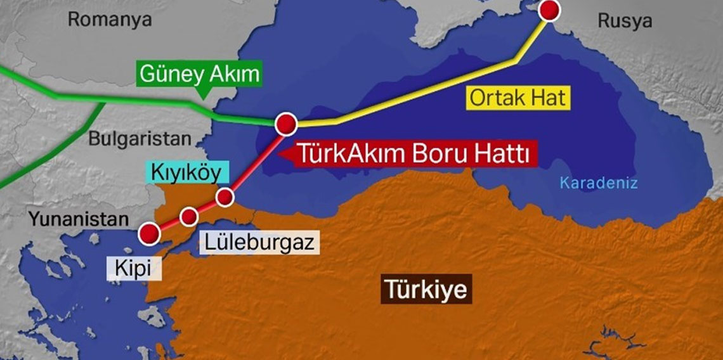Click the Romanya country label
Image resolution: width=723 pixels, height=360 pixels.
[110, 19]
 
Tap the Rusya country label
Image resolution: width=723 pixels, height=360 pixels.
[624, 21]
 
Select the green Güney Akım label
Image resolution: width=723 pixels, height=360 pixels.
[199, 74]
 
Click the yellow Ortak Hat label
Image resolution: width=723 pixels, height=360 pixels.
[516, 98]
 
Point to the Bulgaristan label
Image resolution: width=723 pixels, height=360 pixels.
[140, 139]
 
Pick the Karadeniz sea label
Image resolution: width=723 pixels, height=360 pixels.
[598, 184]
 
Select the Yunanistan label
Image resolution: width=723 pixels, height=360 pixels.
[78, 219]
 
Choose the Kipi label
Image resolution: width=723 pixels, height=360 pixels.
[133, 268]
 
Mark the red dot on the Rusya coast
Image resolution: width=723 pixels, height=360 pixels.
[549, 10]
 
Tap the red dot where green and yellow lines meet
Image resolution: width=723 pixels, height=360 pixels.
[286, 123]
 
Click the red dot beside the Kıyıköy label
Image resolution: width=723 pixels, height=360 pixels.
[225, 197]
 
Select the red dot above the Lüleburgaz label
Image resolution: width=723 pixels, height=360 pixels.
[189, 217]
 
